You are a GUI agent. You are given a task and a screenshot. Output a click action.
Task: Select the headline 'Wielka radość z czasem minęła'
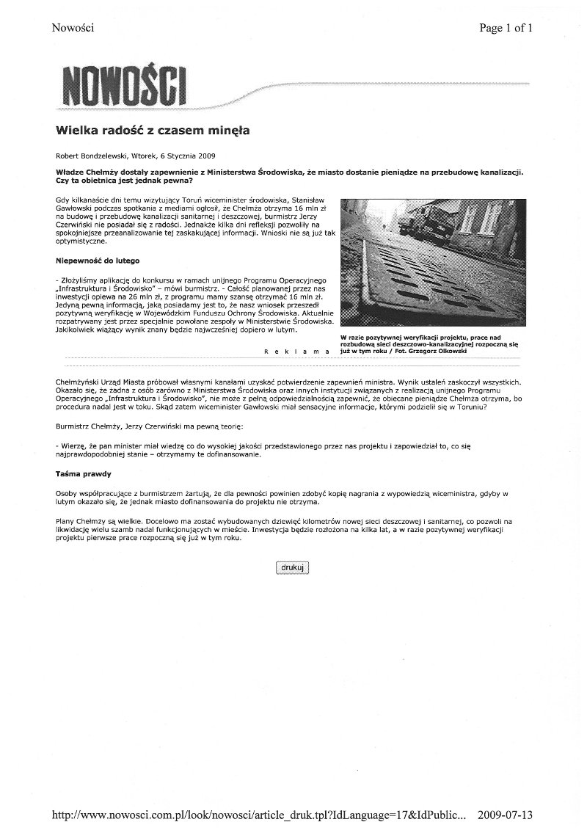click(153, 131)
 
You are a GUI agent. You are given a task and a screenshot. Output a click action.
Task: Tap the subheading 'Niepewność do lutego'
click(98, 261)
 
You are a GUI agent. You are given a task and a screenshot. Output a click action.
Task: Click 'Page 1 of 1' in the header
click(506, 29)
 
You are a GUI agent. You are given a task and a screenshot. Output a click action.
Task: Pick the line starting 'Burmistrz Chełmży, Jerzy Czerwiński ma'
click(147, 425)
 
